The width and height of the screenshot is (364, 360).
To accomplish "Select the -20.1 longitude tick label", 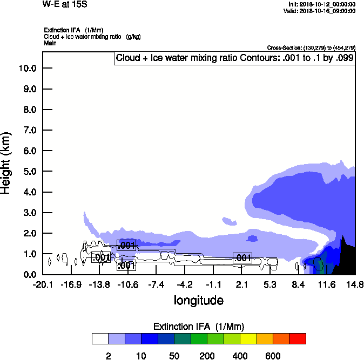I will [x=42, y=284].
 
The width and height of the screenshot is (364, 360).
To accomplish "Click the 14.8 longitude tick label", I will [x=355, y=284].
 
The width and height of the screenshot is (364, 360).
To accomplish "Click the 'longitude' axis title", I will [x=198, y=300].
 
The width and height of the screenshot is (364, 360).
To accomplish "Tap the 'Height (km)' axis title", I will [x=7, y=163].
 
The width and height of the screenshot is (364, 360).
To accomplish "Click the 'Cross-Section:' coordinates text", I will [x=311, y=47].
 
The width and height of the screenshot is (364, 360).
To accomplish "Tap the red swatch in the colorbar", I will [x=297, y=338].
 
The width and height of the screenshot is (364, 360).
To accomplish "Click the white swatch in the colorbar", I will [x=100, y=338].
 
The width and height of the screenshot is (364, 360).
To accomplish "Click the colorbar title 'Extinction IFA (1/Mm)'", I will [x=199, y=327].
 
